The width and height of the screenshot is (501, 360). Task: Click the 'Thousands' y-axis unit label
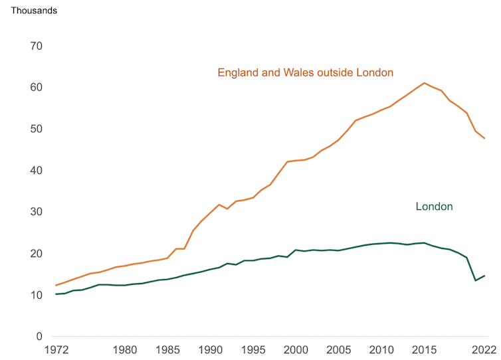34,11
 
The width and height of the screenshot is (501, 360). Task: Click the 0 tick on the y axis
38,337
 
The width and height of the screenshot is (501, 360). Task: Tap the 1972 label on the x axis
56,349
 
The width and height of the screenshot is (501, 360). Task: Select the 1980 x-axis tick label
124,349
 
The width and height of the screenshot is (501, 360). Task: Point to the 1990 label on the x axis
210,349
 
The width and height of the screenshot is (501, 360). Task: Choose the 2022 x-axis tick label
484,349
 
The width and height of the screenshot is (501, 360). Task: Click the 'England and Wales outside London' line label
306,72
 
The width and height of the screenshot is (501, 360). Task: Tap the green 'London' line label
434,207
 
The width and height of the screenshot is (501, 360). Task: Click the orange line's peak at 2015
425,83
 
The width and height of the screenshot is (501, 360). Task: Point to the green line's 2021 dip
476,280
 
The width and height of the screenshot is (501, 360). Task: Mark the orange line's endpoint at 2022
484,138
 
